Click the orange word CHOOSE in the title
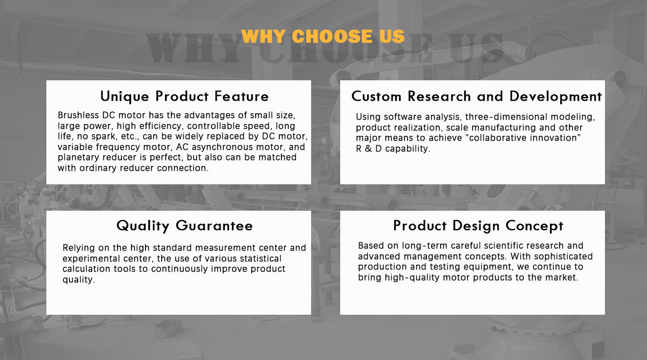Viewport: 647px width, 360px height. (332, 36)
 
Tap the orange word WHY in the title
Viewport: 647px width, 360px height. (264, 36)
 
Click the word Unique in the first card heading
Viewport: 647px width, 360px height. (125, 96)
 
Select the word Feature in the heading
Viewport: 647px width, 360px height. (242, 96)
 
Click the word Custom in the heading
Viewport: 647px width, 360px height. (376, 96)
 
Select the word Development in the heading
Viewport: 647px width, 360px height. (556, 96)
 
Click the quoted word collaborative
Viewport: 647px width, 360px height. (494, 138)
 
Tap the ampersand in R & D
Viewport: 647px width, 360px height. (368, 149)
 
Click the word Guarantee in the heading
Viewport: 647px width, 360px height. (215, 225)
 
